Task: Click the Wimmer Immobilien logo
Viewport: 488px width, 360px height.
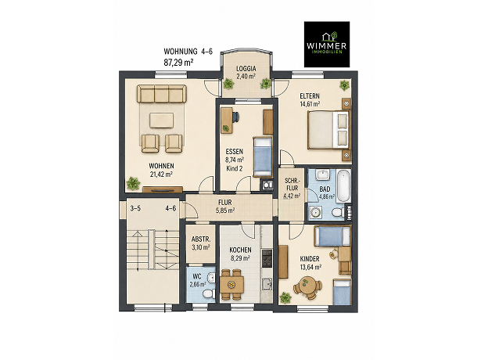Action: point(326,45)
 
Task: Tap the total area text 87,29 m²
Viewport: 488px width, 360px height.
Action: point(178,63)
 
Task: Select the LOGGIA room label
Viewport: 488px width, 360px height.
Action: point(246,69)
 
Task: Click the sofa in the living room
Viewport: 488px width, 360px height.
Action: point(162,94)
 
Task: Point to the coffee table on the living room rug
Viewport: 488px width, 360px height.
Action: point(161,121)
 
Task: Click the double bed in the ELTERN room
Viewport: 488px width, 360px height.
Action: point(328,130)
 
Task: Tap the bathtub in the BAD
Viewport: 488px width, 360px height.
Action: point(343,185)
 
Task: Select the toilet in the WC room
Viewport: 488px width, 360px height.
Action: point(207,294)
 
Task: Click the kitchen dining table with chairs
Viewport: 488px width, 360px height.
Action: point(231,284)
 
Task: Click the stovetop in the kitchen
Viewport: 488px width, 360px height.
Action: point(267,257)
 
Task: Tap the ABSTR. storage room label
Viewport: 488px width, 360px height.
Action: point(201,239)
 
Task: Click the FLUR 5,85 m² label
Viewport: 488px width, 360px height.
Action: point(225,206)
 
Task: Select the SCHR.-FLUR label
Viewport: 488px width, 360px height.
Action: point(292,185)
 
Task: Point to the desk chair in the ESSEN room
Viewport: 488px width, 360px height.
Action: point(235,117)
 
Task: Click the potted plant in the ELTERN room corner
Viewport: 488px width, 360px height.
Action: point(344,85)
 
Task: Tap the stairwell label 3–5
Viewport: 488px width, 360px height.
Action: point(135,208)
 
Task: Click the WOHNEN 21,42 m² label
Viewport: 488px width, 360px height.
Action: point(161,170)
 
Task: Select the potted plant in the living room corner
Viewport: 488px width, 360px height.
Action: point(133,183)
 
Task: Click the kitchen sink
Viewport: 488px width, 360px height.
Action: point(267,284)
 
